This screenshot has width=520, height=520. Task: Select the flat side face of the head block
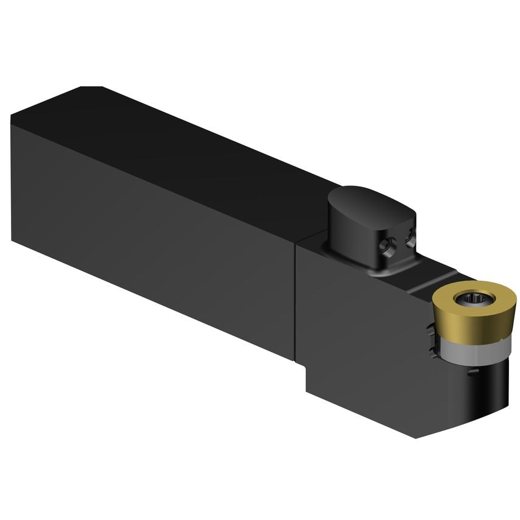(x=365, y=335)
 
